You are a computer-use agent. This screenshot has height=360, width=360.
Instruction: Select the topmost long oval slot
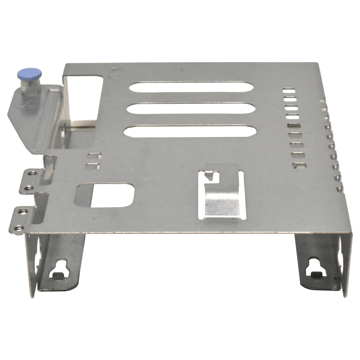pos(191,87)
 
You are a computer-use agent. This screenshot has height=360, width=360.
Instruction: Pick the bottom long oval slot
pos(190,132)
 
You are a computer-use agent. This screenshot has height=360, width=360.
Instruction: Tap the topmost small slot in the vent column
pos(289,90)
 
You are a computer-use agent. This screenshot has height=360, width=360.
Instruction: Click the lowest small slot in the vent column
pos(299,165)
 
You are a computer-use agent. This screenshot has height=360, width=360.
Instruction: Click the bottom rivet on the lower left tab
pos(20,227)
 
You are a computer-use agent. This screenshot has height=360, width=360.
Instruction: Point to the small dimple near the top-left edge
pos(113,70)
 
